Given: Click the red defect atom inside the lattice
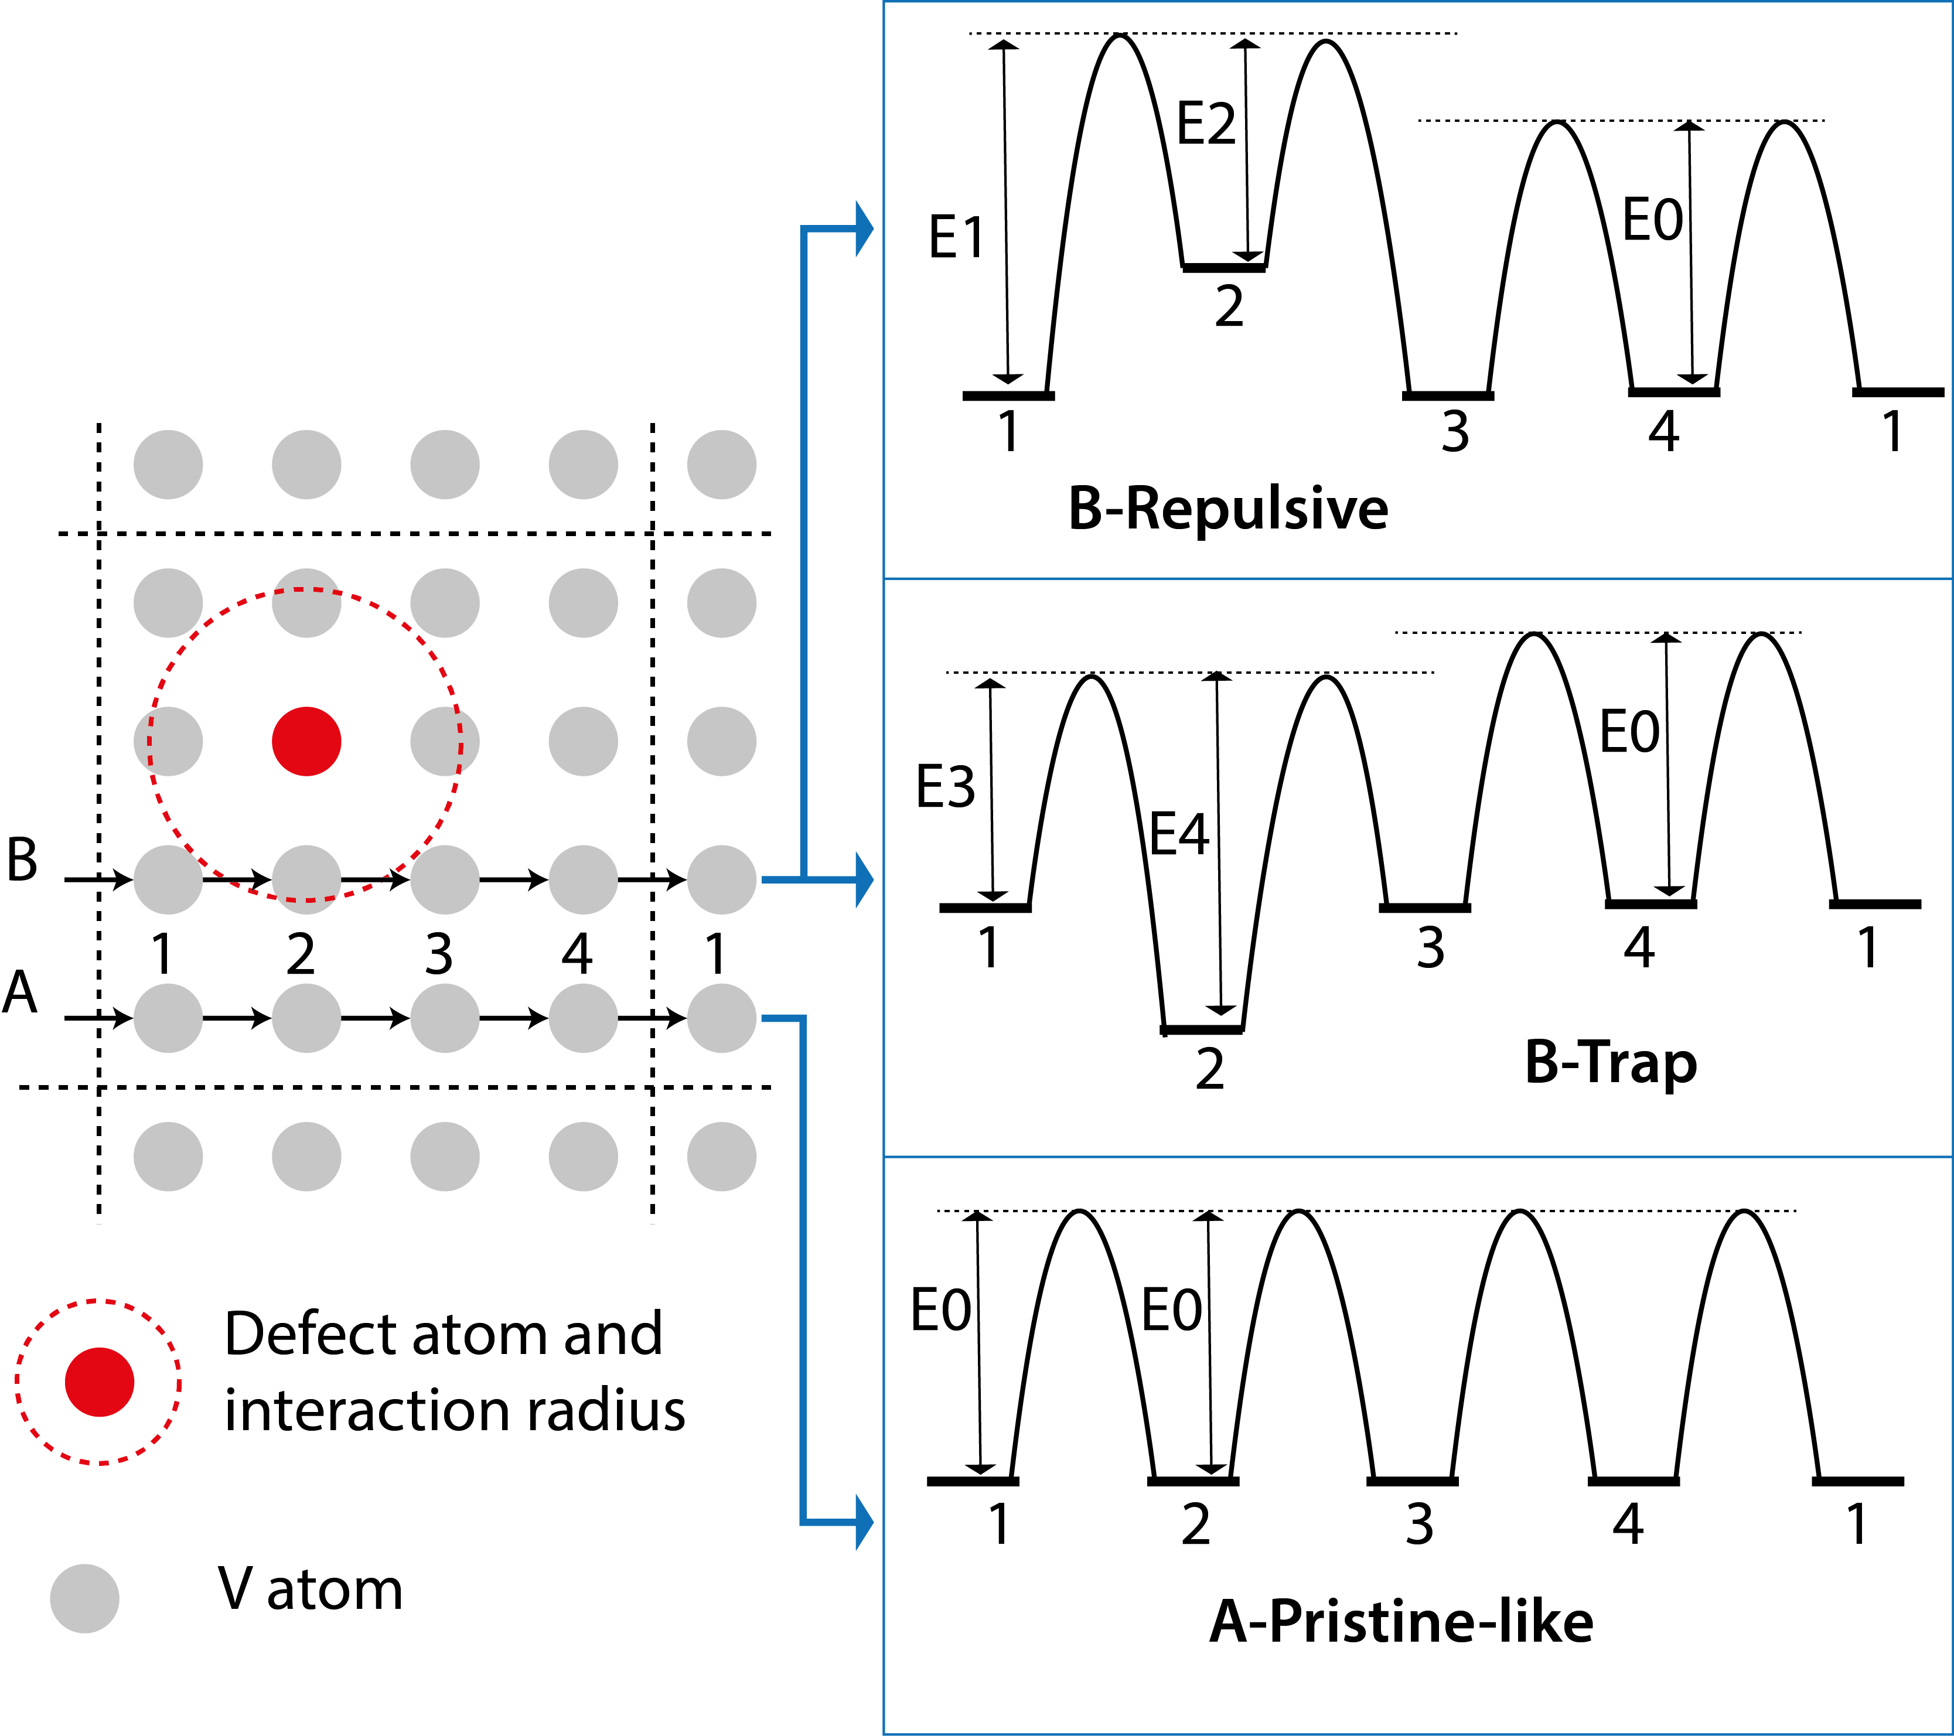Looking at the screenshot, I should (x=306, y=741).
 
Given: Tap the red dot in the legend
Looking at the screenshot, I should (x=100, y=1382).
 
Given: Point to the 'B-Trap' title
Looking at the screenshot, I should (x=1610, y=1062).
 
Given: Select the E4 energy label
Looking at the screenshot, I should (x=1179, y=834).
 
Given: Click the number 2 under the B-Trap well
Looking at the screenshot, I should (x=1209, y=1069).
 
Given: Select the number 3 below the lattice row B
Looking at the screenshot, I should (x=439, y=953).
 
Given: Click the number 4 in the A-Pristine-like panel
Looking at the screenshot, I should (x=1628, y=1524).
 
